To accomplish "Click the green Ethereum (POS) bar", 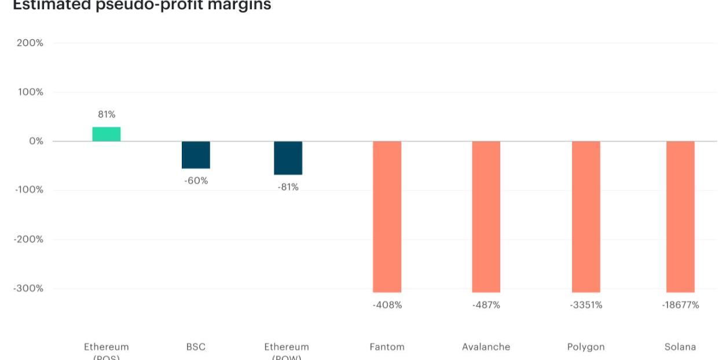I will [x=107, y=134].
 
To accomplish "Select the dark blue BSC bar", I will [x=196, y=155].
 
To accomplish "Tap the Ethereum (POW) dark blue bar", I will [x=288, y=158].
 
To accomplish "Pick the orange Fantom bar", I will [x=387, y=216].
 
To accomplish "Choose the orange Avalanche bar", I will [x=486, y=216].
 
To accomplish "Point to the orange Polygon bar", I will [x=586, y=216].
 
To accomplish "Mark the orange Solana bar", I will [x=680, y=216].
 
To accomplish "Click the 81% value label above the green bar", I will [x=107, y=115].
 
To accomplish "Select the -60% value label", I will [x=196, y=181].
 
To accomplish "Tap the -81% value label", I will [x=288, y=188].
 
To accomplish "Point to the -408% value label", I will [x=387, y=305].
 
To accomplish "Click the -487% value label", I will [x=486, y=305].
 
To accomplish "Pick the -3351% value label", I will [x=586, y=305].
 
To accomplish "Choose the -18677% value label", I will [x=680, y=305].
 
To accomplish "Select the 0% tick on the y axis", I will [x=36, y=141].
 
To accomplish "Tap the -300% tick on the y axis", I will [x=29, y=288].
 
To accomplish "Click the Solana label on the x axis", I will [x=680, y=347].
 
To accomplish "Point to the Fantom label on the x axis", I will [x=387, y=347].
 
